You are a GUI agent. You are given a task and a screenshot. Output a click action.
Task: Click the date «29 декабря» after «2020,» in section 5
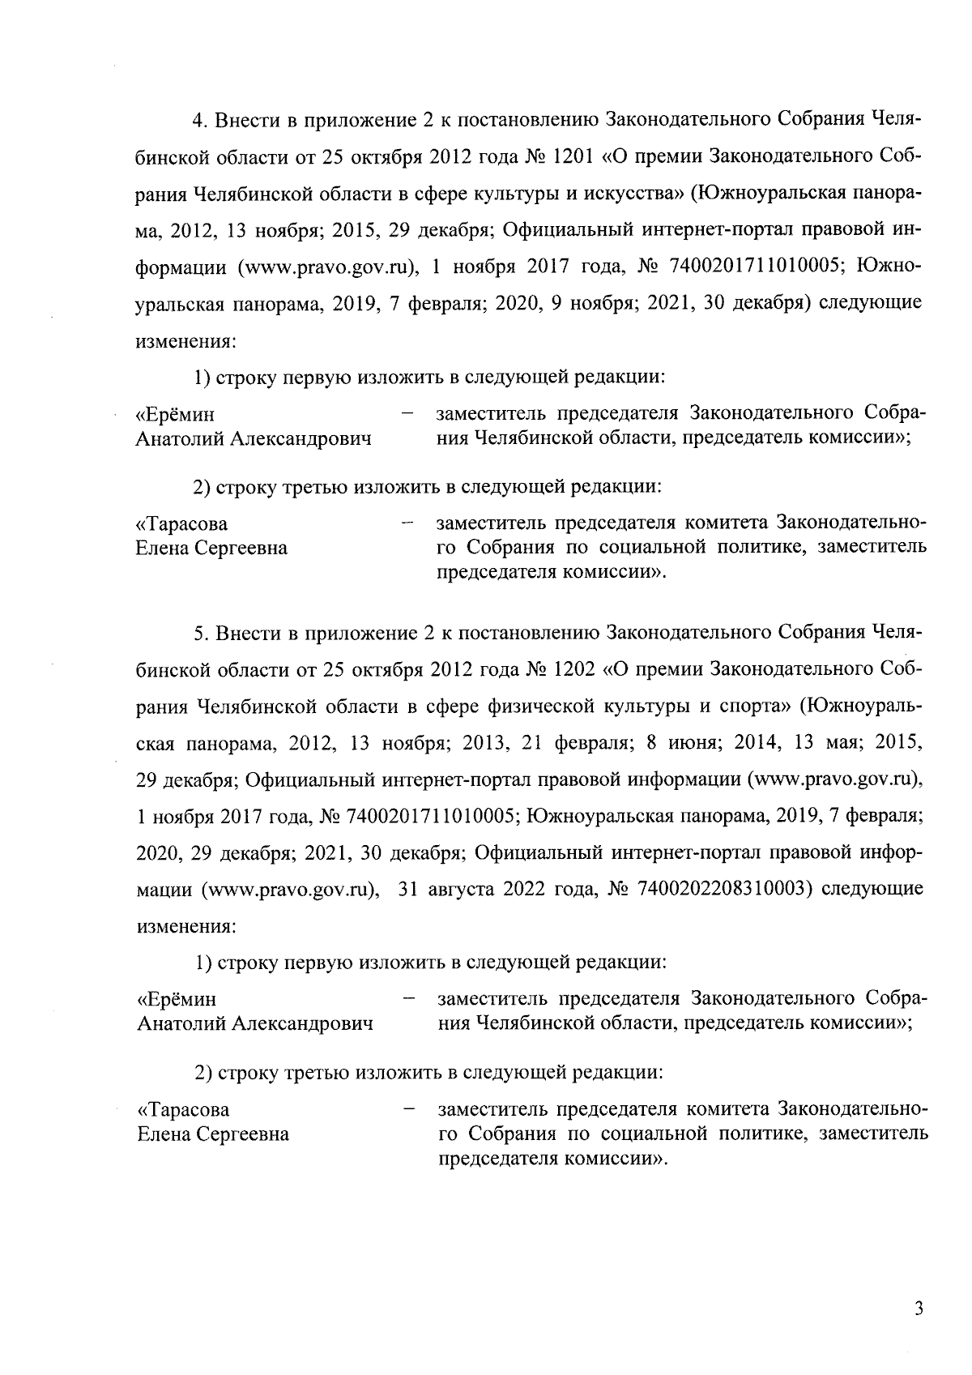click(x=239, y=852)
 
